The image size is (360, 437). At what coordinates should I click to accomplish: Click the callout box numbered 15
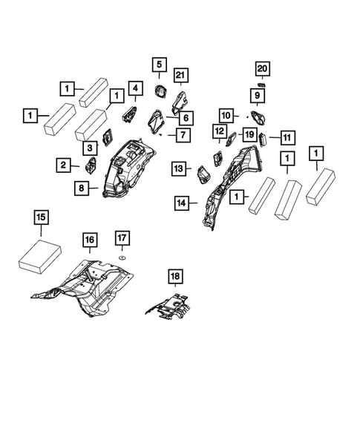pos(41,217)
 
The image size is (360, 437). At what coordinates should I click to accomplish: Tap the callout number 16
pos(89,240)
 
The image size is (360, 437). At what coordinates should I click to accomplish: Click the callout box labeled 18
pos(174,277)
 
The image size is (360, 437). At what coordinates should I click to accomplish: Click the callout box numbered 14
pos(183,200)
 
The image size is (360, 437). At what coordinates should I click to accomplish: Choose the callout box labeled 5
pos(158,65)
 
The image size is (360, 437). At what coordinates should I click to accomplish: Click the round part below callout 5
pos(158,91)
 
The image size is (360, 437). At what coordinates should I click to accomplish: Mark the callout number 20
pos(262,70)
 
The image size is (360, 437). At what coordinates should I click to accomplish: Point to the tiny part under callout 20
pos(261,86)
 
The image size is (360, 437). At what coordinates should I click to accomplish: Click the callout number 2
pos(63,165)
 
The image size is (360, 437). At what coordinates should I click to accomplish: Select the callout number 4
pos(135,90)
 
